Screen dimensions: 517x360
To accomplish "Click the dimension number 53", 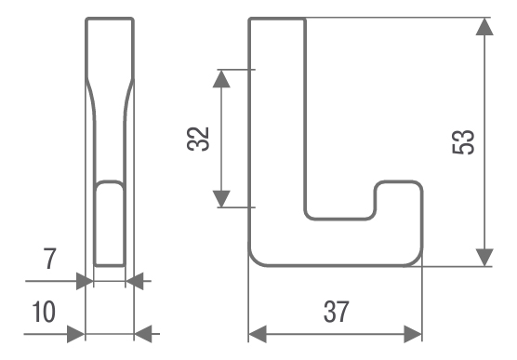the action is pyautogui.click(x=463, y=142).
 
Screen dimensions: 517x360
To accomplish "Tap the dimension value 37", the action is pyautogui.click(x=336, y=312).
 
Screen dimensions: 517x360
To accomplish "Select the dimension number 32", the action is pyautogui.click(x=198, y=139).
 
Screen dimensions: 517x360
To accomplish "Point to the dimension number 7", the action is pyautogui.click(x=50, y=259).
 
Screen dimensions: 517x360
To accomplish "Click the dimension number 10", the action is pyautogui.click(x=44, y=312).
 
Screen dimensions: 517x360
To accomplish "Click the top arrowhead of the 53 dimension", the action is pyautogui.click(x=484, y=26).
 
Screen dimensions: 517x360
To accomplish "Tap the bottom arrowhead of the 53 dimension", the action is pyautogui.click(x=484, y=258).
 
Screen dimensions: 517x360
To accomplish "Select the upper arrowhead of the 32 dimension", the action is pyautogui.click(x=221, y=79).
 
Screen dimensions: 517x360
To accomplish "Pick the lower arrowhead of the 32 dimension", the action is pyautogui.click(x=221, y=199).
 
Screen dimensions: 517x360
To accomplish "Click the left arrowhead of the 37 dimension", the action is pyautogui.click(x=258, y=334).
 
